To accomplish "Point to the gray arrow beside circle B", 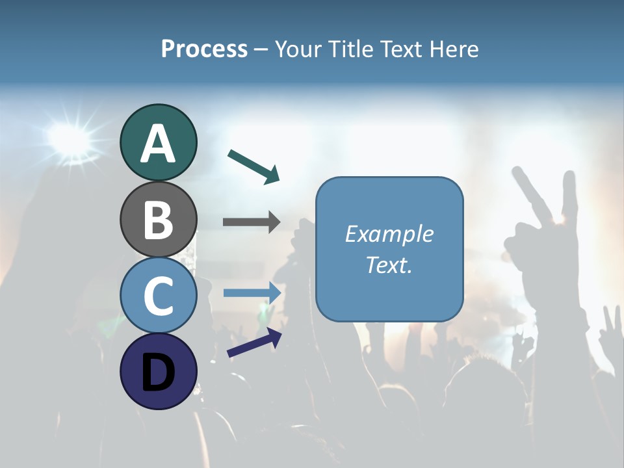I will coord(252,222).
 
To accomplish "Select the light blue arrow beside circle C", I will coord(252,292).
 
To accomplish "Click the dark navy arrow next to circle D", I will coord(254,343).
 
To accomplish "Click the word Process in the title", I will coord(204,49).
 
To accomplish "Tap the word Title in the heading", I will coord(352,49).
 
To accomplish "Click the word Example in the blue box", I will coord(389,234).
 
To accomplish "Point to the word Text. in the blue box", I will coord(389,265).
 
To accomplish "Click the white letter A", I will coord(158,143).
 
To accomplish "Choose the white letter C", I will coord(158,296).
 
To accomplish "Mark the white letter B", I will coord(158,220).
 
